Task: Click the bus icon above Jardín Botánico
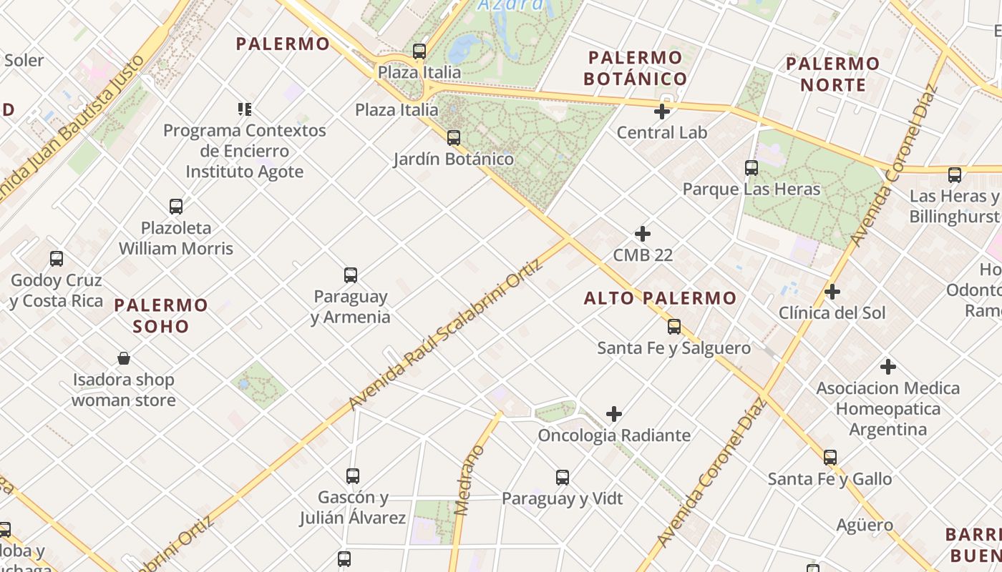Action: [453, 137]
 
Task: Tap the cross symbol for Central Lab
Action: [662, 112]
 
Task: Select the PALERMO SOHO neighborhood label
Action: [161, 315]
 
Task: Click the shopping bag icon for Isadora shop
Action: [124, 358]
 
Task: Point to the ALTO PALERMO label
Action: [660, 298]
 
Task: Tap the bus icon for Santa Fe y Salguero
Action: [673, 327]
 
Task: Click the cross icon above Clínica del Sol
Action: [832, 292]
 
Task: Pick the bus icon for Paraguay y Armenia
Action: [351, 275]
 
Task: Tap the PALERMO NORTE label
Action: [832, 74]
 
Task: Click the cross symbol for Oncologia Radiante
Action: [613, 414]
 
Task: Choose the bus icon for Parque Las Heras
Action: [751, 168]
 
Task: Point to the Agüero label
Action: [865, 526]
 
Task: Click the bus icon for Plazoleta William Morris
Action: [176, 207]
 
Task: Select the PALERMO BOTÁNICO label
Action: [636, 68]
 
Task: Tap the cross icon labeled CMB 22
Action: [643, 234]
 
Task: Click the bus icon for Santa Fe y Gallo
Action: [830, 457]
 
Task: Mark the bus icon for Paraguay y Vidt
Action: [563, 477]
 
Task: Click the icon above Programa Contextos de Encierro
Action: [245, 109]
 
